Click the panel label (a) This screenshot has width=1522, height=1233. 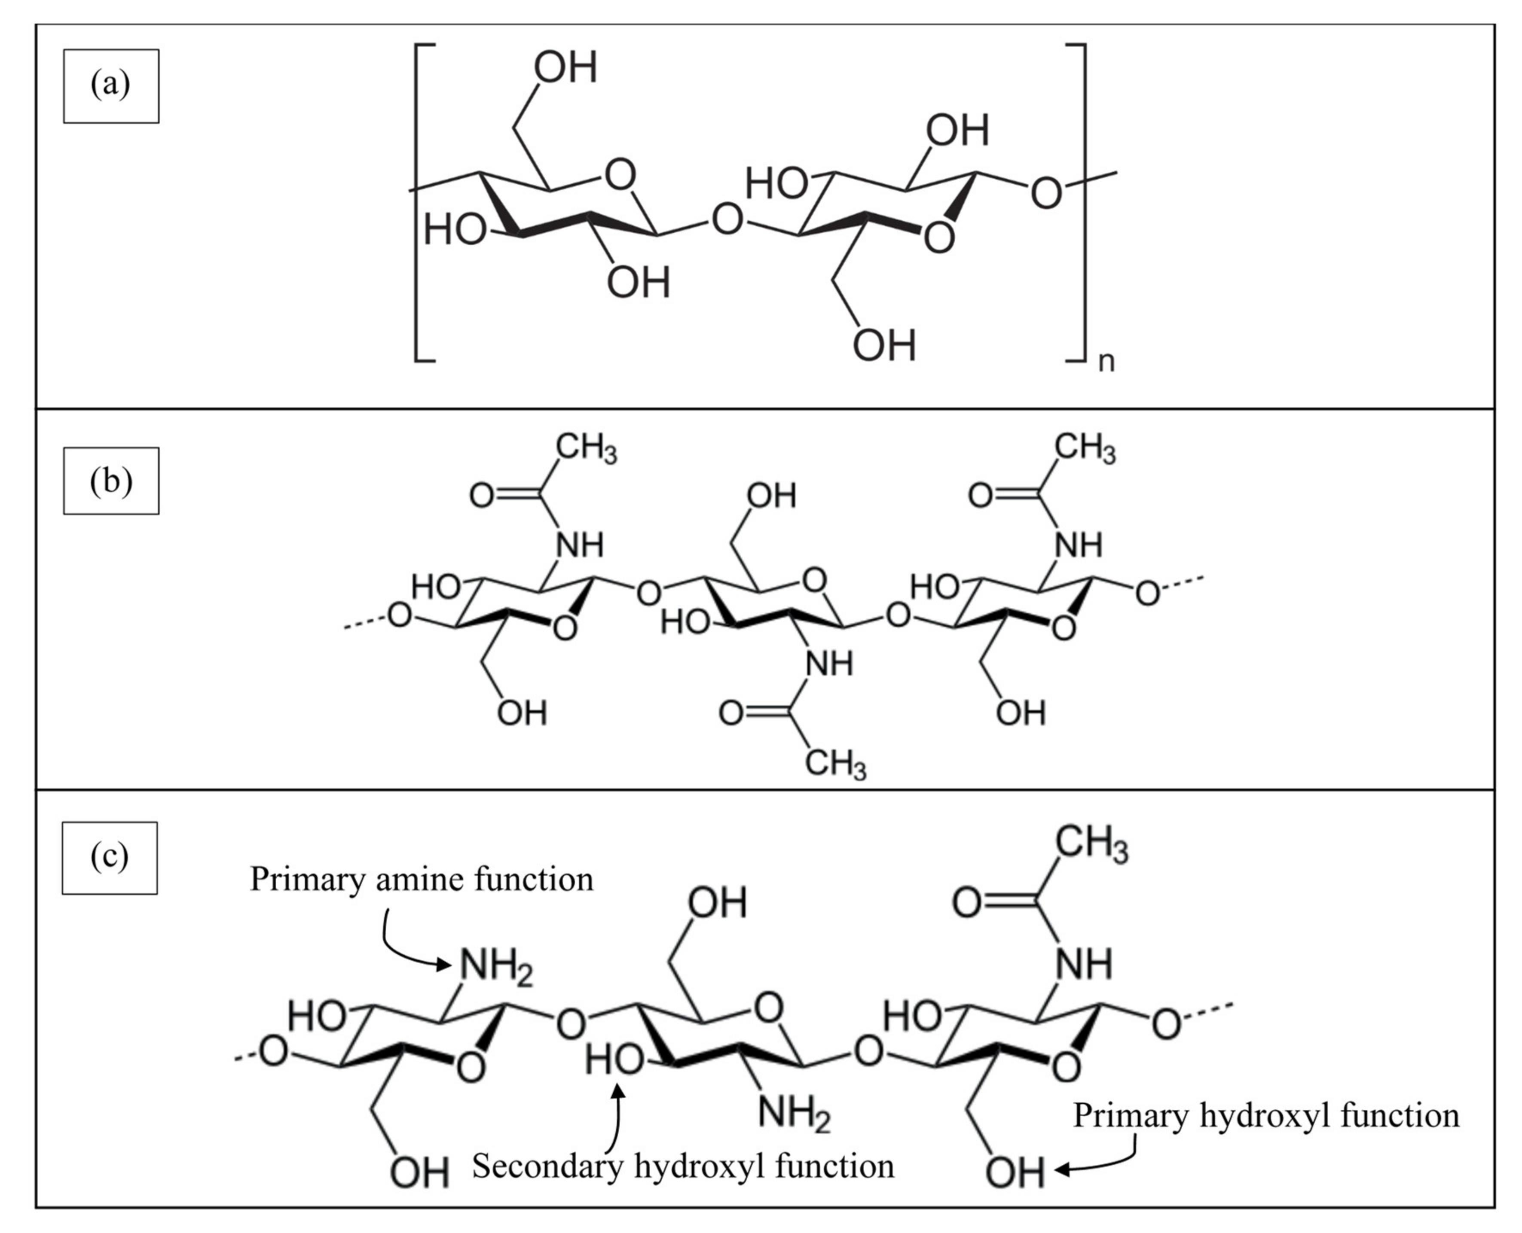(111, 86)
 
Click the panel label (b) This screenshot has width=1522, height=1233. (111, 481)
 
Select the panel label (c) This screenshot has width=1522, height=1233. (110, 857)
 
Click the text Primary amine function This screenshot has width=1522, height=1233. (422, 879)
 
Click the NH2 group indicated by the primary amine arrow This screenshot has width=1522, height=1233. (495, 967)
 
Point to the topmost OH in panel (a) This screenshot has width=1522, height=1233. (565, 68)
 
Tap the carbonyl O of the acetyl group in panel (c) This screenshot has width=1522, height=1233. (966, 903)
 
